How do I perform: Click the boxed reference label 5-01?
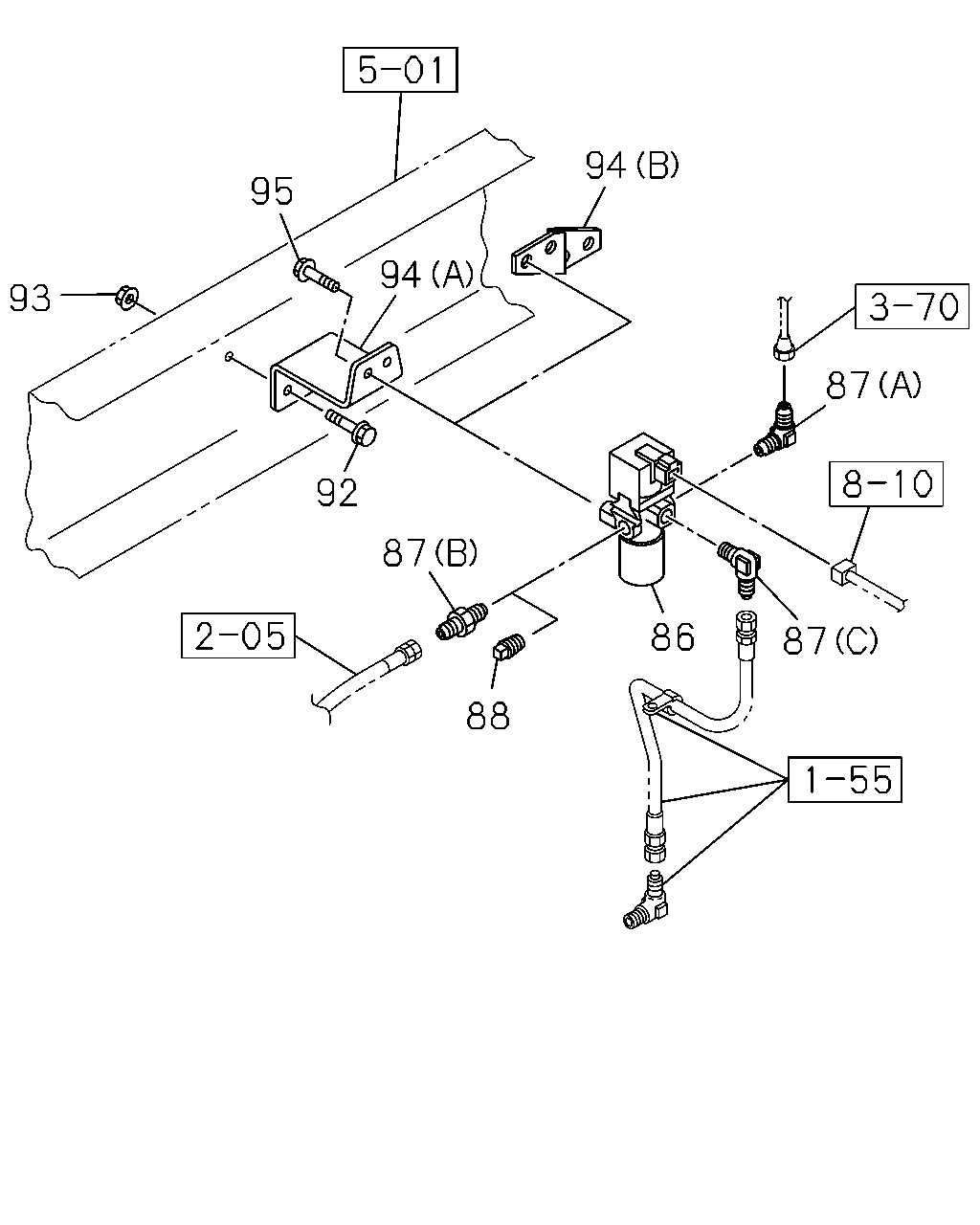(400, 70)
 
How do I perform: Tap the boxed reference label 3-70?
(912, 306)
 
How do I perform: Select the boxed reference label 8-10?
(886, 484)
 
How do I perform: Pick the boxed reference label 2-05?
(238, 635)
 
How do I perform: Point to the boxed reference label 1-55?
(845, 779)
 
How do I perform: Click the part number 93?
(31, 298)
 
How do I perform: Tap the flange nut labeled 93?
(127, 297)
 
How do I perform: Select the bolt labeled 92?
(352, 429)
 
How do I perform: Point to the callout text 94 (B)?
(632, 166)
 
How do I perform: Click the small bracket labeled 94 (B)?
(557, 250)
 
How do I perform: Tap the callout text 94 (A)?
(427, 275)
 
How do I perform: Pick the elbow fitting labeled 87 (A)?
(776, 430)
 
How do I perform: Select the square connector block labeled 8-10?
(843, 571)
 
